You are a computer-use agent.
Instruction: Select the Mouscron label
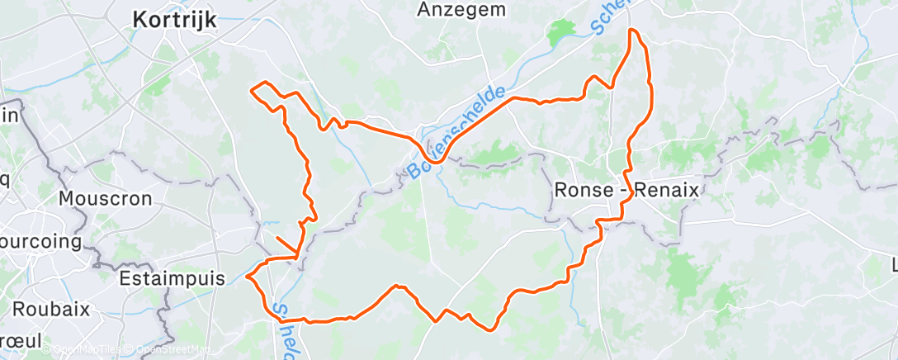[106, 199]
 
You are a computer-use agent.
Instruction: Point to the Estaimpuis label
[172, 278]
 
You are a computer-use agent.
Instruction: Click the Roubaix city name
[46, 310]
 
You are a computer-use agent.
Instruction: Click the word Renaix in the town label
[665, 189]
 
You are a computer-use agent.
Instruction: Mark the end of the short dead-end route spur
[276, 239]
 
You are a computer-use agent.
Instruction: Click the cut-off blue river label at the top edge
[610, 17]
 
